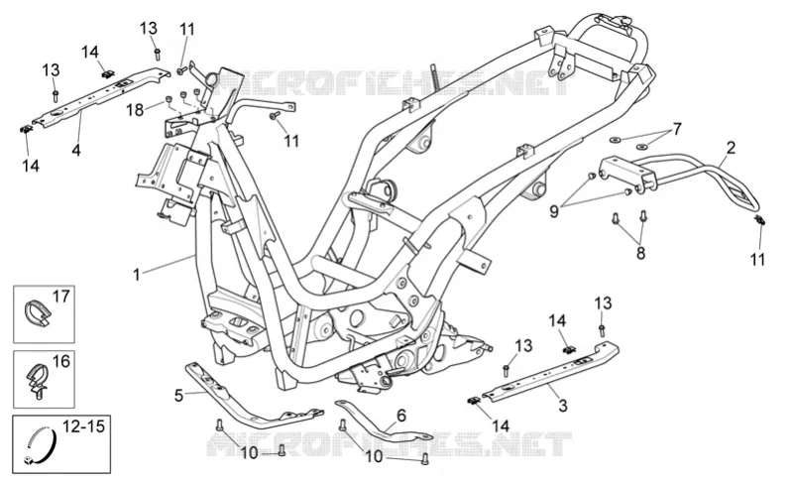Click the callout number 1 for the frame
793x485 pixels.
(x=136, y=275)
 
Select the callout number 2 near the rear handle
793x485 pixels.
(x=731, y=149)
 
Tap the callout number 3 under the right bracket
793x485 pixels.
(x=562, y=406)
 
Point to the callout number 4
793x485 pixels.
(x=76, y=150)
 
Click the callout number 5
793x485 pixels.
(x=178, y=396)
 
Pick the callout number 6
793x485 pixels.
(x=401, y=416)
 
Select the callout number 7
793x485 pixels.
(x=677, y=129)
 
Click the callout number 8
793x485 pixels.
(x=640, y=253)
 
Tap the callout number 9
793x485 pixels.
(x=554, y=211)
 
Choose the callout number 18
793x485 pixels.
(x=135, y=109)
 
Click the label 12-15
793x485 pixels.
(x=83, y=426)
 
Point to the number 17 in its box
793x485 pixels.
(x=60, y=297)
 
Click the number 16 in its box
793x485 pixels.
(x=60, y=361)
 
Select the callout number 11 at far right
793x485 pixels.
(x=757, y=259)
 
